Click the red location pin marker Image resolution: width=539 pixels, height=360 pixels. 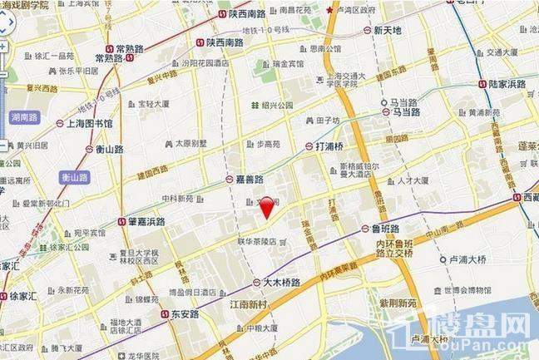pyautogui.click(x=265, y=206)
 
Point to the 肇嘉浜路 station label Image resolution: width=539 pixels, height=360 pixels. pyautogui.click(x=141, y=221)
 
